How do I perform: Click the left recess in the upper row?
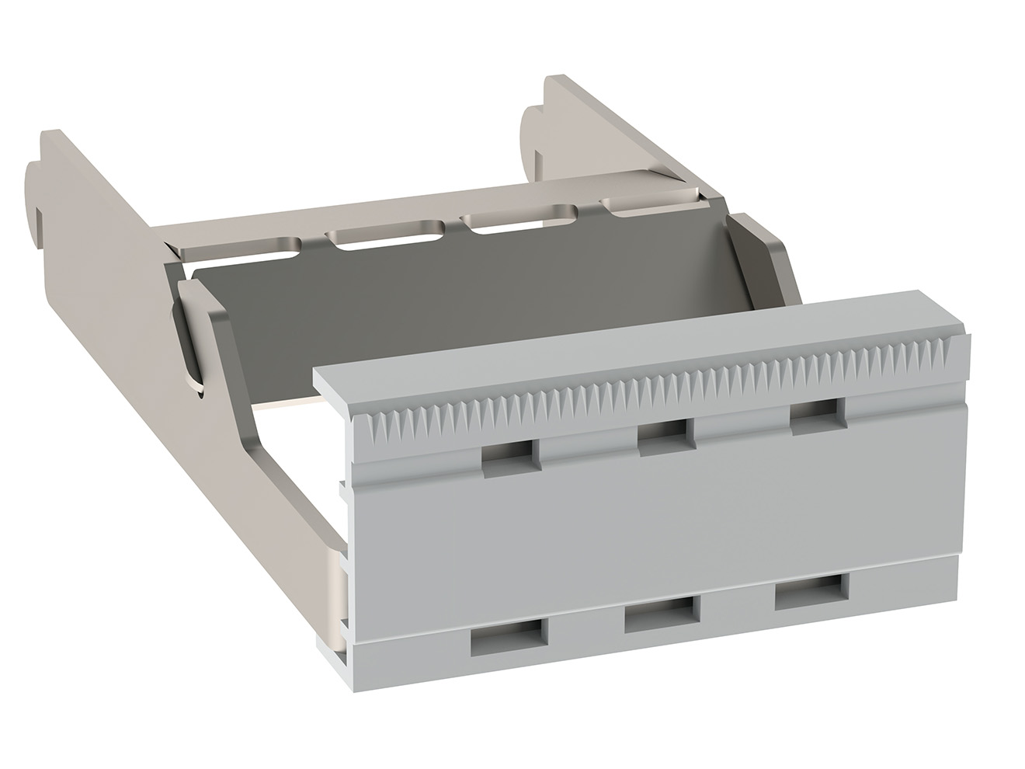coord(510,456)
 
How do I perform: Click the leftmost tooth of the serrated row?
coord(378,425)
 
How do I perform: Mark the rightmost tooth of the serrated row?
coord(963,346)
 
